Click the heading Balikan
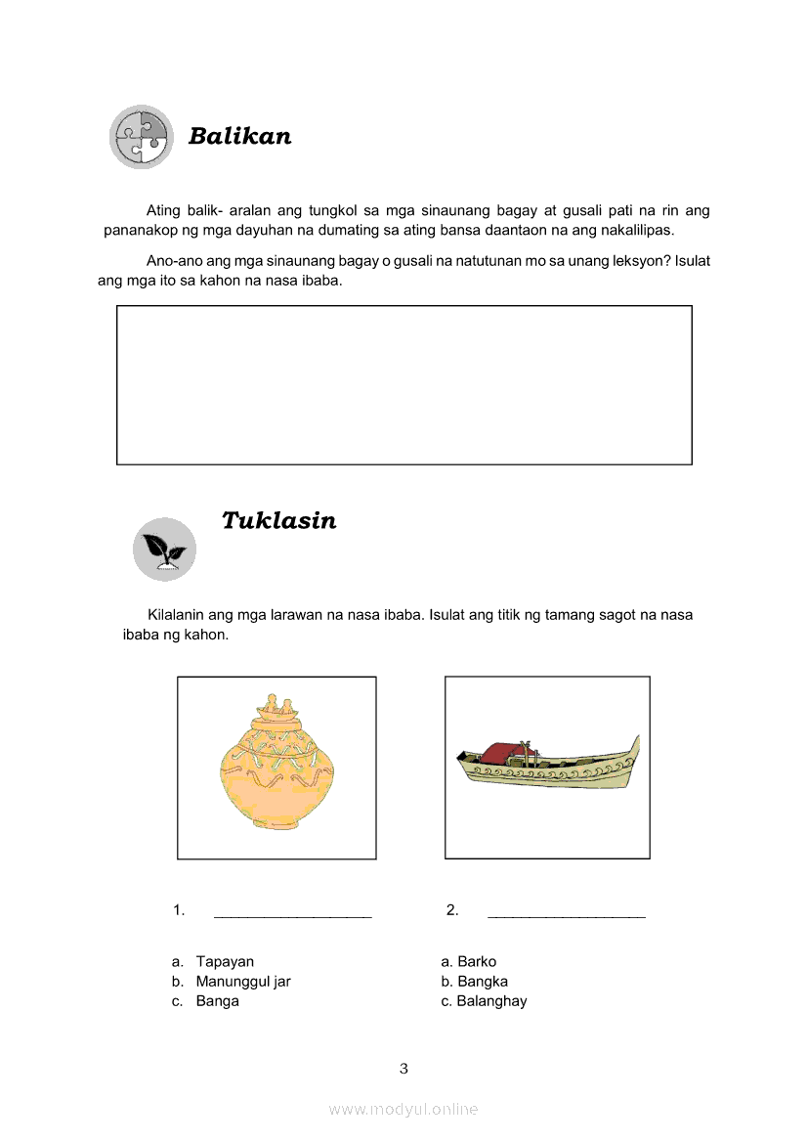pyautogui.click(x=239, y=136)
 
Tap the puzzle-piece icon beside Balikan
pyautogui.click(x=141, y=137)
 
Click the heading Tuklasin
pyautogui.click(x=278, y=520)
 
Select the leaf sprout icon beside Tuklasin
pyautogui.click(x=164, y=550)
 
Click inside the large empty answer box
pyautogui.click(x=403, y=384)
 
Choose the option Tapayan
pyautogui.click(x=225, y=961)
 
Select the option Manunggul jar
pyautogui.click(x=243, y=981)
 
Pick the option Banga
pyautogui.click(x=217, y=1000)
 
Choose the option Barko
pyautogui.click(x=477, y=961)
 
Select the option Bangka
pyautogui.click(x=483, y=981)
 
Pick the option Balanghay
pyautogui.click(x=491, y=1000)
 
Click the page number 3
pyautogui.click(x=403, y=1068)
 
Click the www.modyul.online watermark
pyautogui.click(x=403, y=1109)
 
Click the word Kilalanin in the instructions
pyautogui.click(x=178, y=615)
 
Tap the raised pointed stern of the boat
pyautogui.click(x=636, y=747)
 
